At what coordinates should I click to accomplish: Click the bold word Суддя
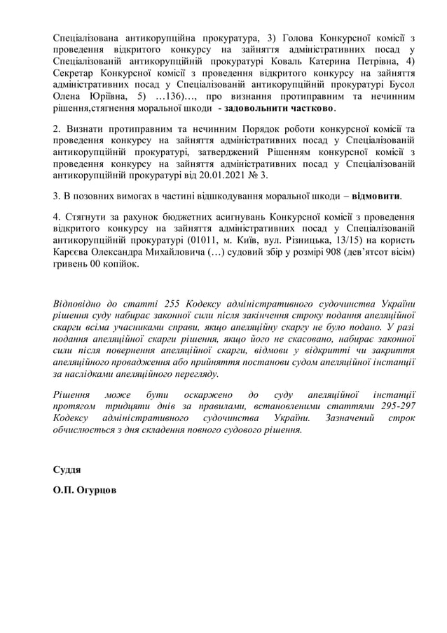click(67, 469)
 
